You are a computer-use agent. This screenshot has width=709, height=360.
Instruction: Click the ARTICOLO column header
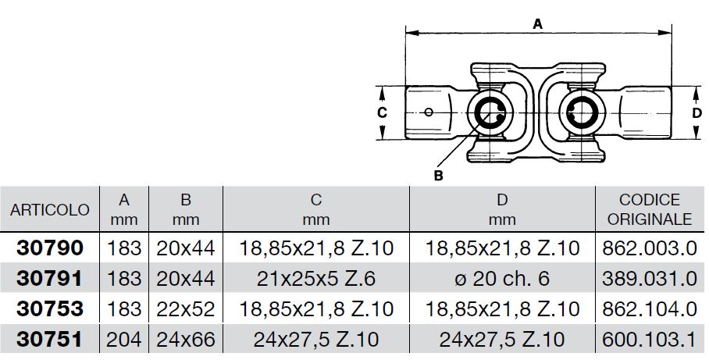50,210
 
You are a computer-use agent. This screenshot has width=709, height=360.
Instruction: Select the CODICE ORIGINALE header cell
650,209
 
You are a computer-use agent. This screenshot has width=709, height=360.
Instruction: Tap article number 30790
50,248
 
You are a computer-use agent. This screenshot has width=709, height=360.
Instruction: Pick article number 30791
50,279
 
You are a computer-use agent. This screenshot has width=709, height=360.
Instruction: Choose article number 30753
50,309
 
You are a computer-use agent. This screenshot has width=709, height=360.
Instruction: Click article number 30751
50,340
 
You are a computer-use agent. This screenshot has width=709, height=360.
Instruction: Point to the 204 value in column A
124,340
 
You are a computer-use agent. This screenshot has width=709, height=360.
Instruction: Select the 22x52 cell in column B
186,309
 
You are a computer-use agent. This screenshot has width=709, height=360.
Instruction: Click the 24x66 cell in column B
186,340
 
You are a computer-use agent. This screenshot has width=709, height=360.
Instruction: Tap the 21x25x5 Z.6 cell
316,279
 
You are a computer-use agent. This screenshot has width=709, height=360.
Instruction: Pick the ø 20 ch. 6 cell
502,279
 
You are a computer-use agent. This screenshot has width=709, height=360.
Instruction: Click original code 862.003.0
650,248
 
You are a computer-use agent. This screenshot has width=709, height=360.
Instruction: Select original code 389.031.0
650,279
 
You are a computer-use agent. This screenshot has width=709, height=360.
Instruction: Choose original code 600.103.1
650,340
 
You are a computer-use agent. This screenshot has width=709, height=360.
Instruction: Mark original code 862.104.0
650,309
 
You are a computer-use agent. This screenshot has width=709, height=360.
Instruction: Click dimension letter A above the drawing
538,23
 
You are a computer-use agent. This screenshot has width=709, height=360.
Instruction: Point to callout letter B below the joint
438,176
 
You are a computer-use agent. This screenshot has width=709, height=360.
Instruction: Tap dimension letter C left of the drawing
382,112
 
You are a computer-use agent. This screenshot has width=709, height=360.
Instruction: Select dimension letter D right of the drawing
697,112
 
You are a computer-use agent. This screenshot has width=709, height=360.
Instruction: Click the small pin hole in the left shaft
429,112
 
